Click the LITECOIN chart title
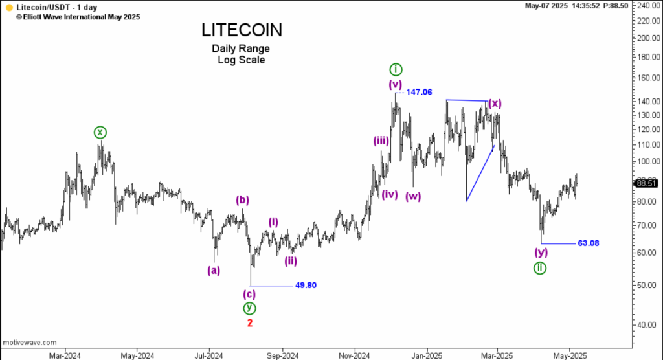[x=242, y=30]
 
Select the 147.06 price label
[x=420, y=93]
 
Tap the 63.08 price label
[x=588, y=243]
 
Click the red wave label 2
[x=249, y=322]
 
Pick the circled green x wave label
[x=100, y=133]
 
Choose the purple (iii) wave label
[x=381, y=141]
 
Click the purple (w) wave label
[x=413, y=196]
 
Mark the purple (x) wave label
[x=495, y=104]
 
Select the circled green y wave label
[x=249, y=308]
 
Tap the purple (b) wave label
[x=242, y=200]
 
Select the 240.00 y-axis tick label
[x=647, y=5]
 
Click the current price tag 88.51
[x=647, y=183]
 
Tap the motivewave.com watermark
[x=30, y=342]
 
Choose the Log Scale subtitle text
[x=241, y=60]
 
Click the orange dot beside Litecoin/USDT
[x=9, y=6]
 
